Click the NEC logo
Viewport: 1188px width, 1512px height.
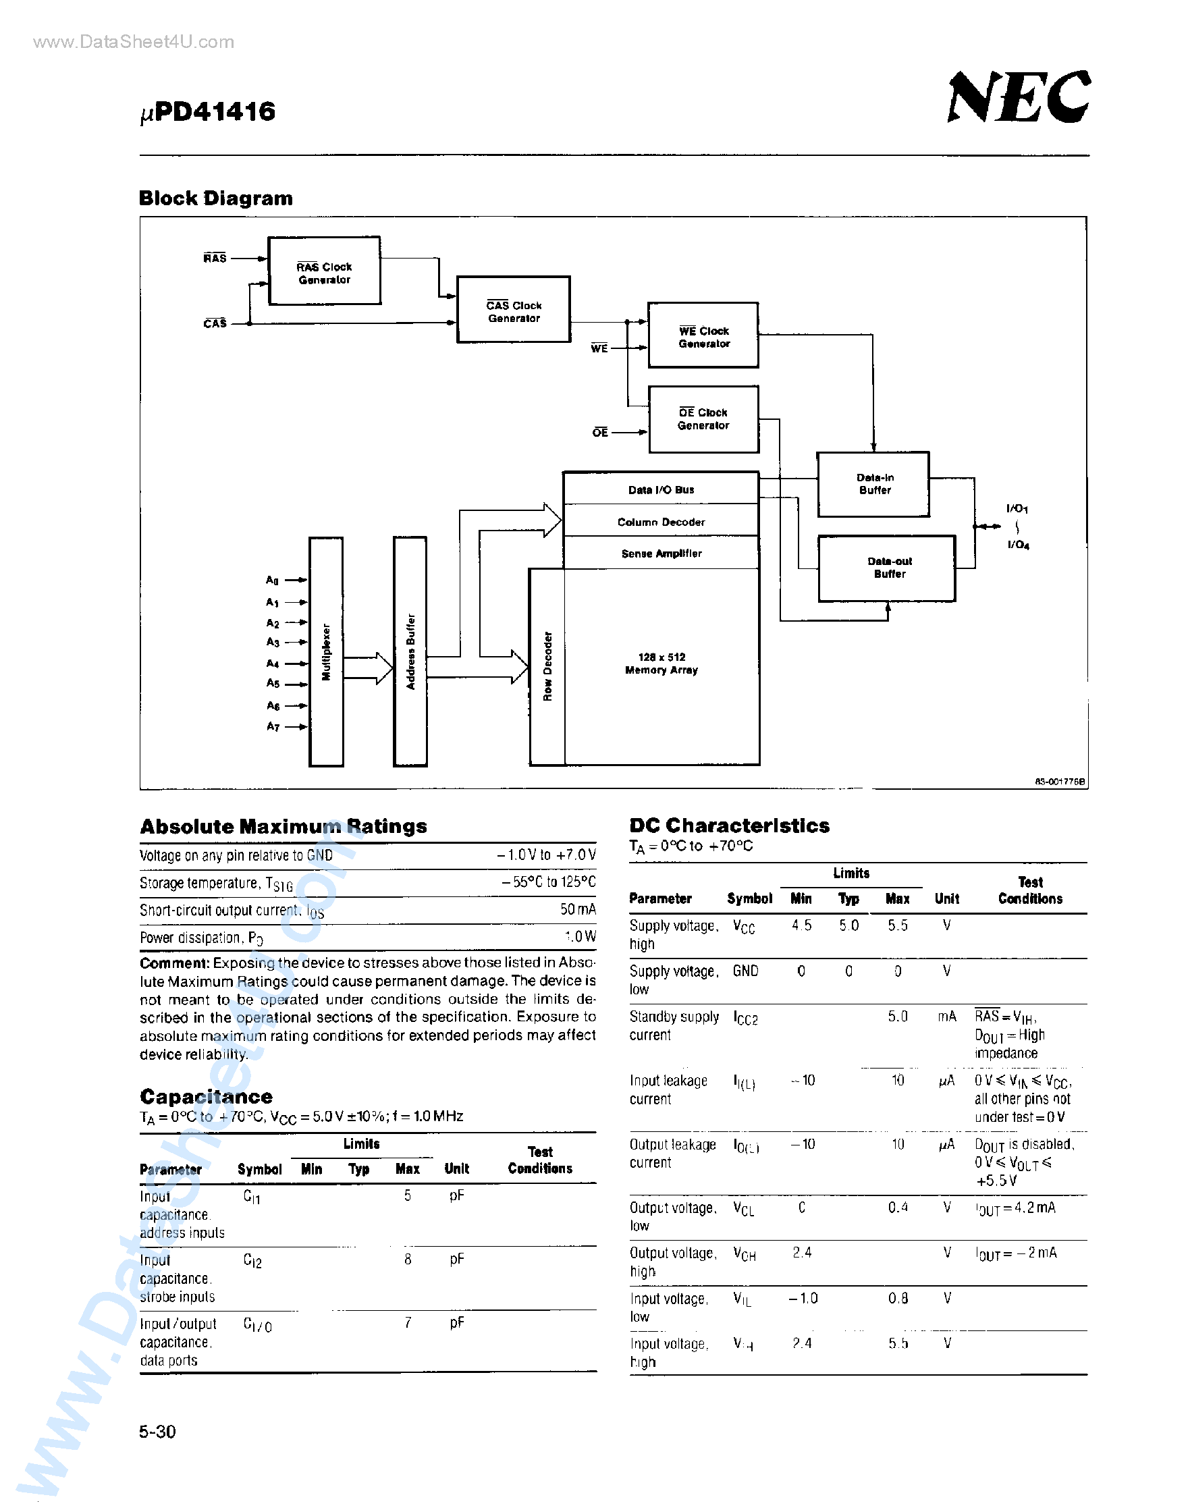1019,97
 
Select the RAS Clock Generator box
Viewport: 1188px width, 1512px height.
324,271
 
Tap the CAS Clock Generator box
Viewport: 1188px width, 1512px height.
513,310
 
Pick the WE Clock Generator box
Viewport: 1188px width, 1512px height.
703,336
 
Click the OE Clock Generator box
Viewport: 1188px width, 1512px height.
703,418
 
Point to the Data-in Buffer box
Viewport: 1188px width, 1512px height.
873,484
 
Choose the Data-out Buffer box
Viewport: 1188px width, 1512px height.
888,568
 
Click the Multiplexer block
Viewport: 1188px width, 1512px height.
326,651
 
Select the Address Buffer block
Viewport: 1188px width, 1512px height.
410,651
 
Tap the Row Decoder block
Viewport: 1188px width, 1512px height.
547,666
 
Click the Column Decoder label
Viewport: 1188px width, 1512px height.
661,522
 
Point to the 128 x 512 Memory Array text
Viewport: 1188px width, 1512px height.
661,664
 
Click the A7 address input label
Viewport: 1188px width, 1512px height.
273,727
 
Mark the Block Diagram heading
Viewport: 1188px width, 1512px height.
215,198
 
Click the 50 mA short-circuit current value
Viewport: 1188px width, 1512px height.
577,910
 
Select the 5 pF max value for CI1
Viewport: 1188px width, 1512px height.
408,1195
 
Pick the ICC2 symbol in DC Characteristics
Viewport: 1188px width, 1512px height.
746,1018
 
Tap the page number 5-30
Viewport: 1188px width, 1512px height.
157,1431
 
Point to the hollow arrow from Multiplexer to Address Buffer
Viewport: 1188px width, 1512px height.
368,668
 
